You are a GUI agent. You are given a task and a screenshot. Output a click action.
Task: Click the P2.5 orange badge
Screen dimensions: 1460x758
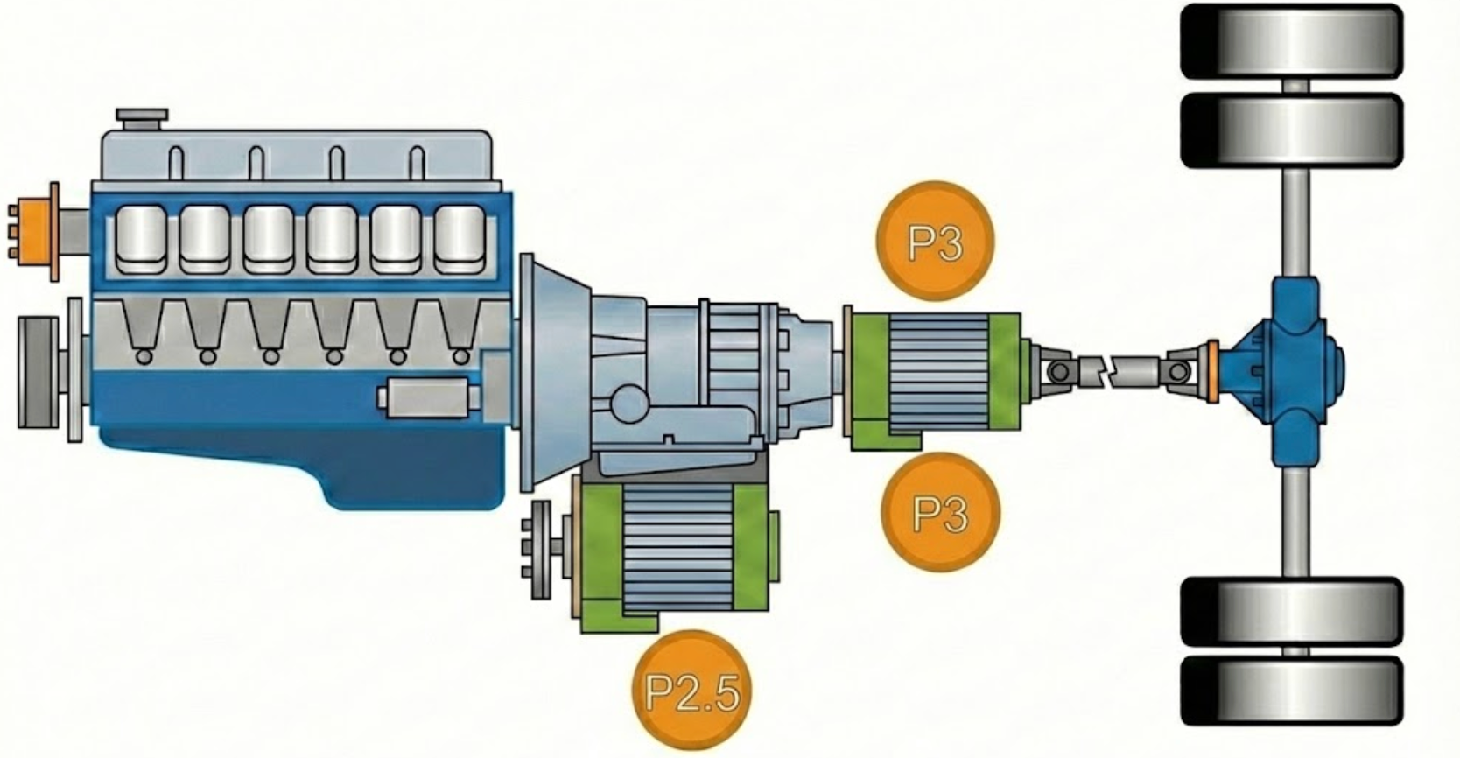tap(691, 691)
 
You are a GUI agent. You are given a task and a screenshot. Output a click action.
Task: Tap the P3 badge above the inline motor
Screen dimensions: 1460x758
tap(936, 242)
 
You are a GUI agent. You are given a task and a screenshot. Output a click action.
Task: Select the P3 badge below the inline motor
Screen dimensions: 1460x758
tap(941, 512)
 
